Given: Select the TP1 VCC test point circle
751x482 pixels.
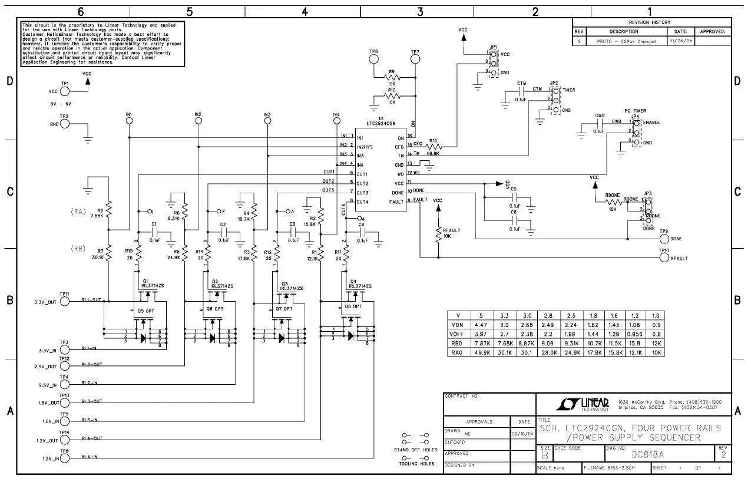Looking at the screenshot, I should pos(65,91).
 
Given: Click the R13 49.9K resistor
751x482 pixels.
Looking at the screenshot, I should pos(434,146).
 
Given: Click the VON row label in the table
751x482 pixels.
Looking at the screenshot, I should pos(457,324).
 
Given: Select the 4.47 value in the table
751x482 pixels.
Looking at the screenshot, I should pos(481,324).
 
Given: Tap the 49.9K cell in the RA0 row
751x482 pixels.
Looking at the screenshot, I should pos(481,352).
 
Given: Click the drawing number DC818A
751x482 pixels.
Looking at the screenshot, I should pos(648,454).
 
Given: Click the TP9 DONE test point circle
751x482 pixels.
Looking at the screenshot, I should pos(664,239).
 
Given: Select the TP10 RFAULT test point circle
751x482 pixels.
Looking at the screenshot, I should pos(664,257).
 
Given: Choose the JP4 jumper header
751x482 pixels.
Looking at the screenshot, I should pos(637,132).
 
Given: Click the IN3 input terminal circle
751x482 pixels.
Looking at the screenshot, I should pos(267,121).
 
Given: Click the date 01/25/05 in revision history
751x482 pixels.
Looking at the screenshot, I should pos(680,41).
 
